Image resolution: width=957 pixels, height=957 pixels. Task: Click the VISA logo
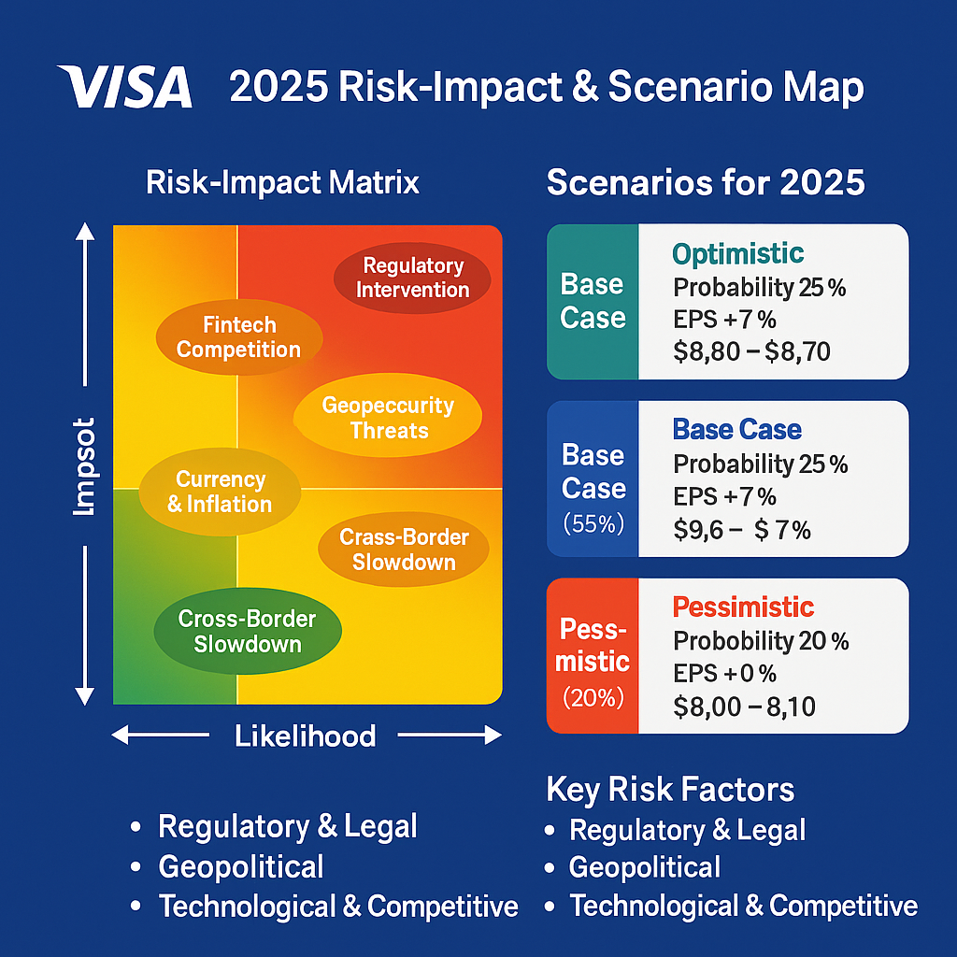(124, 88)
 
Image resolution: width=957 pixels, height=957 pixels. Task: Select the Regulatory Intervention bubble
(412, 278)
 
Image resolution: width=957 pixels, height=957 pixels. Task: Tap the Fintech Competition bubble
(239, 337)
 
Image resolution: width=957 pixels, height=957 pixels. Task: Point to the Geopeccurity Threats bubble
(388, 418)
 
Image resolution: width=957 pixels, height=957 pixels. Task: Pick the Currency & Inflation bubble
(220, 492)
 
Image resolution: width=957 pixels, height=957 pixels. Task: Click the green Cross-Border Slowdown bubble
(247, 632)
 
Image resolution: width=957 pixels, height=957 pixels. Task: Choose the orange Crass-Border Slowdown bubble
(404, 550)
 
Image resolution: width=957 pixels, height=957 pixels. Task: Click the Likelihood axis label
(305, 736)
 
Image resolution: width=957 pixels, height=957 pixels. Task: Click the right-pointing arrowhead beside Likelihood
(492, 736)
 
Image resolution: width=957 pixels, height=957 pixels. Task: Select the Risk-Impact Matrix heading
(282, 182)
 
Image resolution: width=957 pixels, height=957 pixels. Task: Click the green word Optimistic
(737, 253)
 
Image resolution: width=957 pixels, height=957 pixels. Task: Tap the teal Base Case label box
(593, 302)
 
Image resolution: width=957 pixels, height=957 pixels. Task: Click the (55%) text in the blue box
(593, 524)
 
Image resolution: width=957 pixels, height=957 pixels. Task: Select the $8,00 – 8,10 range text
(744, 707)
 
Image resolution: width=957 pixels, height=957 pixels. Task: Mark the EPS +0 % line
(724, 673)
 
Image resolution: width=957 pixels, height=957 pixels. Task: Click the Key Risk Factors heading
(670, 790)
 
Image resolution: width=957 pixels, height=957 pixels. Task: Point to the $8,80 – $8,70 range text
(751, 351)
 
